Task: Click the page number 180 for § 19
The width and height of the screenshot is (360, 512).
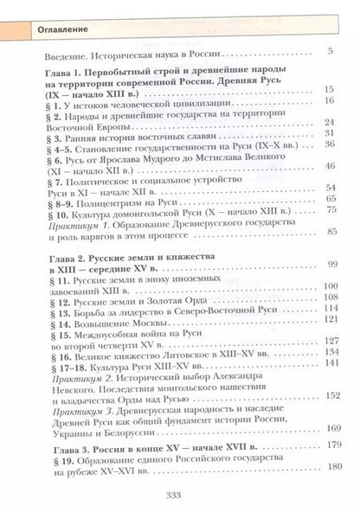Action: point(329,470)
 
